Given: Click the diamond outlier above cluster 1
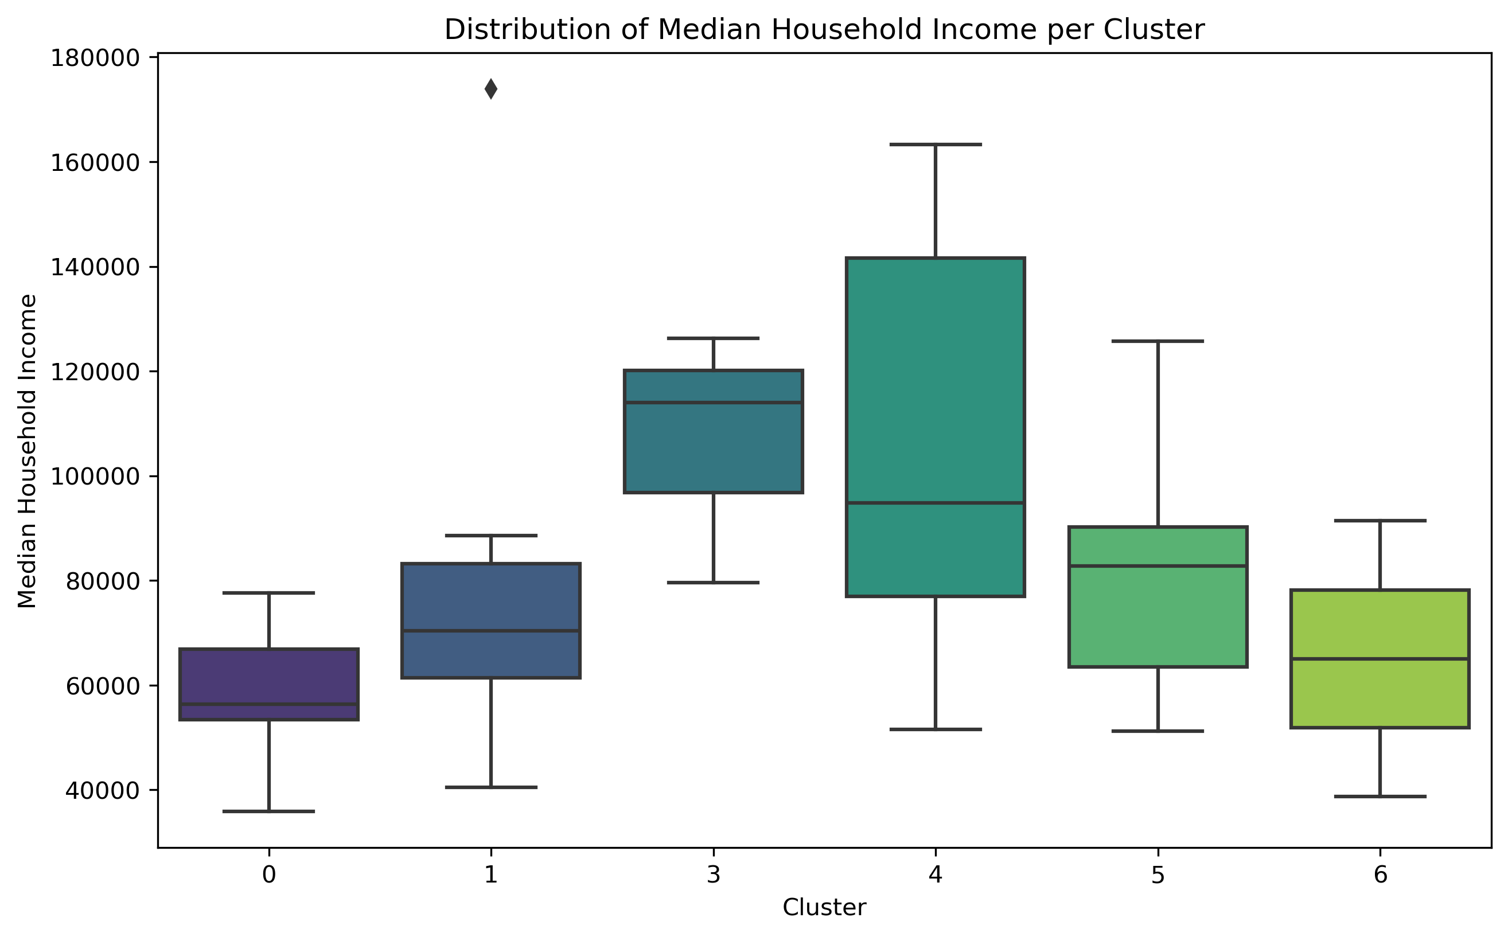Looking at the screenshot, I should (491, 89).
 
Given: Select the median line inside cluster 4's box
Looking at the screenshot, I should (936, 503).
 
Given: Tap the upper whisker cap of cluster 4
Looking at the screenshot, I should (936, 145).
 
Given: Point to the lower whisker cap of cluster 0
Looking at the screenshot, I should (269, 811).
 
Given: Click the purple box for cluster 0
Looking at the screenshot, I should (269, 676).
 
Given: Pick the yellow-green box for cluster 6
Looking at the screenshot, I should (1380, 626).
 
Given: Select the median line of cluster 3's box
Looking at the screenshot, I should (714, 402).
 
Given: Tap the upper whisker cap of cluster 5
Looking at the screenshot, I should (1158, 341).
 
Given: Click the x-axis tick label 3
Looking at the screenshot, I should (714, 875).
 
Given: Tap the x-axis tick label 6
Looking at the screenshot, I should (1380, 875).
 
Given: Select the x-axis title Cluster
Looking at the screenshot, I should (824, 908).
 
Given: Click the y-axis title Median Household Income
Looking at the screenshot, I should (28, 451).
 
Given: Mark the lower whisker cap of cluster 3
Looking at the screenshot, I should (714, 583).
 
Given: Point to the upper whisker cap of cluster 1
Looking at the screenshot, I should (491, 536).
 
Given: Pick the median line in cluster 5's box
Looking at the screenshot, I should (1158, 566).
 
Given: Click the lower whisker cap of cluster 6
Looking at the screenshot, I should (1380, 797).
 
